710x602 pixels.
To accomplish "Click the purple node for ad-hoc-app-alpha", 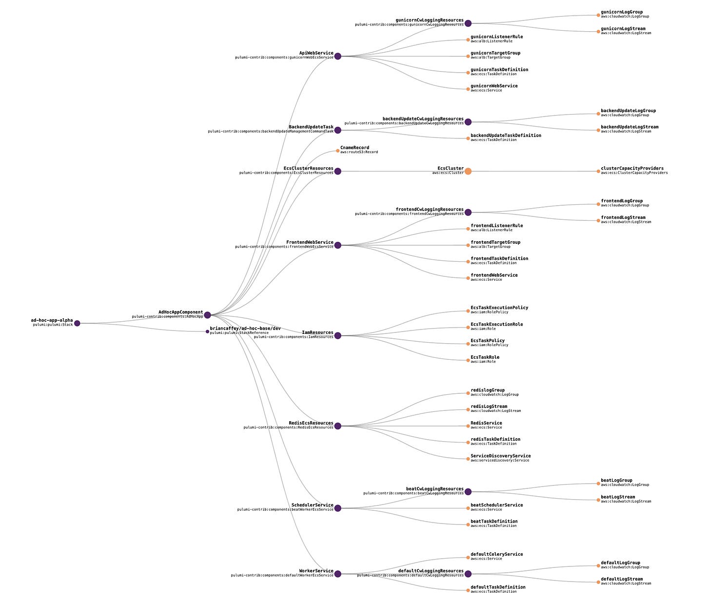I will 77,323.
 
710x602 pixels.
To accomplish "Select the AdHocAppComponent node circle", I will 207,315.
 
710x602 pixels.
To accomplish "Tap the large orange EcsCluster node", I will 468,171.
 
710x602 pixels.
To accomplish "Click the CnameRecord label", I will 355,148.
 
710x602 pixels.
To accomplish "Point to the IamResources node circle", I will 337,335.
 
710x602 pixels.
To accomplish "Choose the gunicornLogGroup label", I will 621,12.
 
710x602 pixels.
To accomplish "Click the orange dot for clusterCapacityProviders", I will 598,171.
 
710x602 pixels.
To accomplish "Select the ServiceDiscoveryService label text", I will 500,456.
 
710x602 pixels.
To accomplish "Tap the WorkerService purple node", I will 337,574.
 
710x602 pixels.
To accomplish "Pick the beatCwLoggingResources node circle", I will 468,491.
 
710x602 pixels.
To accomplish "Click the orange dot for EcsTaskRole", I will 468,361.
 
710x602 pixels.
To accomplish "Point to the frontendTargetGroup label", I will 495,242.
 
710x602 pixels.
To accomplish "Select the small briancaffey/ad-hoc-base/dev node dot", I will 207,331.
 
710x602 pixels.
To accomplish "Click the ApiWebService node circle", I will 337,56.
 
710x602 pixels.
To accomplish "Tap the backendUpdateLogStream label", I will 629,127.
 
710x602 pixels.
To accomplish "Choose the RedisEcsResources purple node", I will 337,426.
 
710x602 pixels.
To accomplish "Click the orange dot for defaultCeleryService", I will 468,558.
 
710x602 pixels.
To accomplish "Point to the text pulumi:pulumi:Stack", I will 53,325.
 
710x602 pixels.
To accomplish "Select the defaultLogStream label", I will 621,579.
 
